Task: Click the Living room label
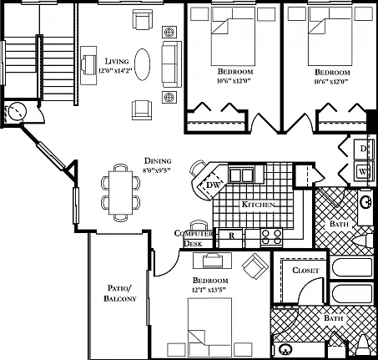pyautogui.click(x=117, y=61)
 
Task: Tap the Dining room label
pyautogui.click(x=158, y=160)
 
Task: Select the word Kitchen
pyautogui.click(x=259, y=205)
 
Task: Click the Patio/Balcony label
pyautogui.click(x=120, y=293)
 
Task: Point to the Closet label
pyautogui.click(x=305, y=270)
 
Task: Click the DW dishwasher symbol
pyautogui.click(x=213, y=184)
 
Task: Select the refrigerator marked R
pyautogui.click(x=230, y=238)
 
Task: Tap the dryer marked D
pyautogui.click(x=364, y=149)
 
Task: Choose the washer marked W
pyautogui.click(x=364, y=171)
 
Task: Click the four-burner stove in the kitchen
pyautogui.click(x=271, y=237)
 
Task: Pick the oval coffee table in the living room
pyautogui.click(x=142, y=64)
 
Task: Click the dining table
pyautogui.click(x=120, y=193)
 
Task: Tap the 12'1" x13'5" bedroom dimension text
pyautogui.click(x=209, y=290)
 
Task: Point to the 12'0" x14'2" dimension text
pyautogui.click(x=115, y=70)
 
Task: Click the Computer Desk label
pyautogui.click(x=193, y=238)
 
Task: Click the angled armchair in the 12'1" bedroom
pyautogui.click(x=255, y=266)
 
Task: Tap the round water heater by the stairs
pyautogui.click(x=18, y=111)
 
